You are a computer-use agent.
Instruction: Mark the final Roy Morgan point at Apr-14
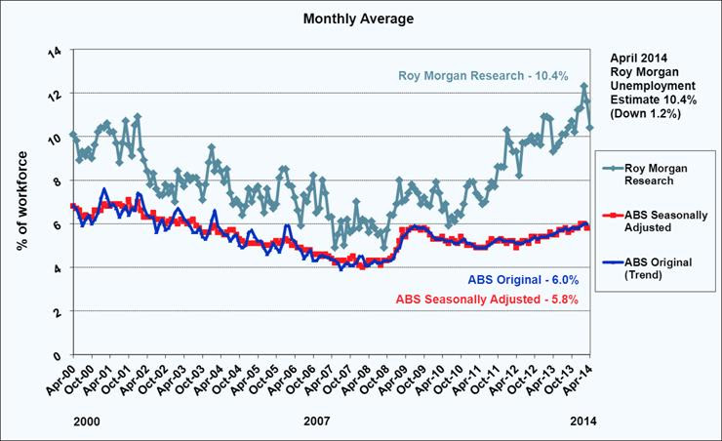[590, 128]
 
